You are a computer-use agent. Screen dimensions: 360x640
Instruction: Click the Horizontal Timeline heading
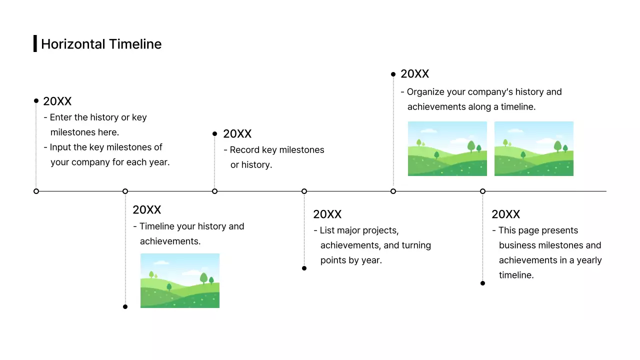pos(101,44)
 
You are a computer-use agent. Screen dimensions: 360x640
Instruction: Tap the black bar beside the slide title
pos(35,43)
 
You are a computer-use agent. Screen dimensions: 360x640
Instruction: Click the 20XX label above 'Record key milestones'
pos(237,134)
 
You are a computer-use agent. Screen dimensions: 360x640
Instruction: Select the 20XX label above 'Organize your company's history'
pos(414,74)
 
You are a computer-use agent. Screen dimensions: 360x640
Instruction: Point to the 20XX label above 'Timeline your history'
pos(146,210)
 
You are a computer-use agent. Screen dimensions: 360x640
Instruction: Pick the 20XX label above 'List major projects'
pos(327,214)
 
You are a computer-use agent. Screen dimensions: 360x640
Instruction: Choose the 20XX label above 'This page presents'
pos(505,214)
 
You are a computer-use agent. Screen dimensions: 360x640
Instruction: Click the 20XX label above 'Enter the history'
pos(57,101)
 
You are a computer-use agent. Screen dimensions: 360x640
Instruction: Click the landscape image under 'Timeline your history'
pos(179,280)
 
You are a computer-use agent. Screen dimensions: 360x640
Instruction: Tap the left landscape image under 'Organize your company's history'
pos(447,148)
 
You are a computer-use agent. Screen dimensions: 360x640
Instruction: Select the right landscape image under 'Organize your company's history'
pos(533,148)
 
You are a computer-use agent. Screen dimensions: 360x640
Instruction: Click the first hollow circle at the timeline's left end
pos(36,191)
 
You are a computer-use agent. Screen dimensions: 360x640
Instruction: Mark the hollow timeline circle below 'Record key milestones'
pos(214,191)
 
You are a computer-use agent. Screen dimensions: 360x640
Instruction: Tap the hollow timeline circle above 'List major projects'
pos(304,191)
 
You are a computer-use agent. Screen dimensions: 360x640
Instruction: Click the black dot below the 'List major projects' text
pos(304,268)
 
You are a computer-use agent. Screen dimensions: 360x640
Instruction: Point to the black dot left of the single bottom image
pos(125,306)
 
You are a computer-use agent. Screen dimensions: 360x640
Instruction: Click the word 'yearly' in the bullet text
pos(589,260)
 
